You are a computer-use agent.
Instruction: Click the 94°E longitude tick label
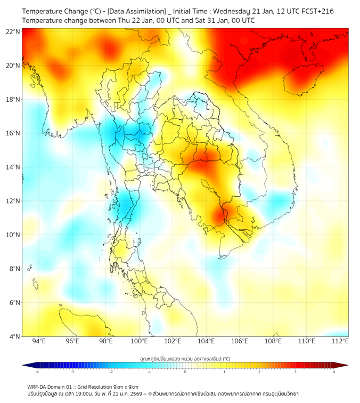pos(39,342)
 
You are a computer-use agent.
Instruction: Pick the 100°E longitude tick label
pos(139,342)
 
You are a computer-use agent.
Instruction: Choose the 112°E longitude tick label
pos(340,342)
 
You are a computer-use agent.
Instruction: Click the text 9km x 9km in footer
pos(125,387)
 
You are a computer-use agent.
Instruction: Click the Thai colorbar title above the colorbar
pos(185,358)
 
